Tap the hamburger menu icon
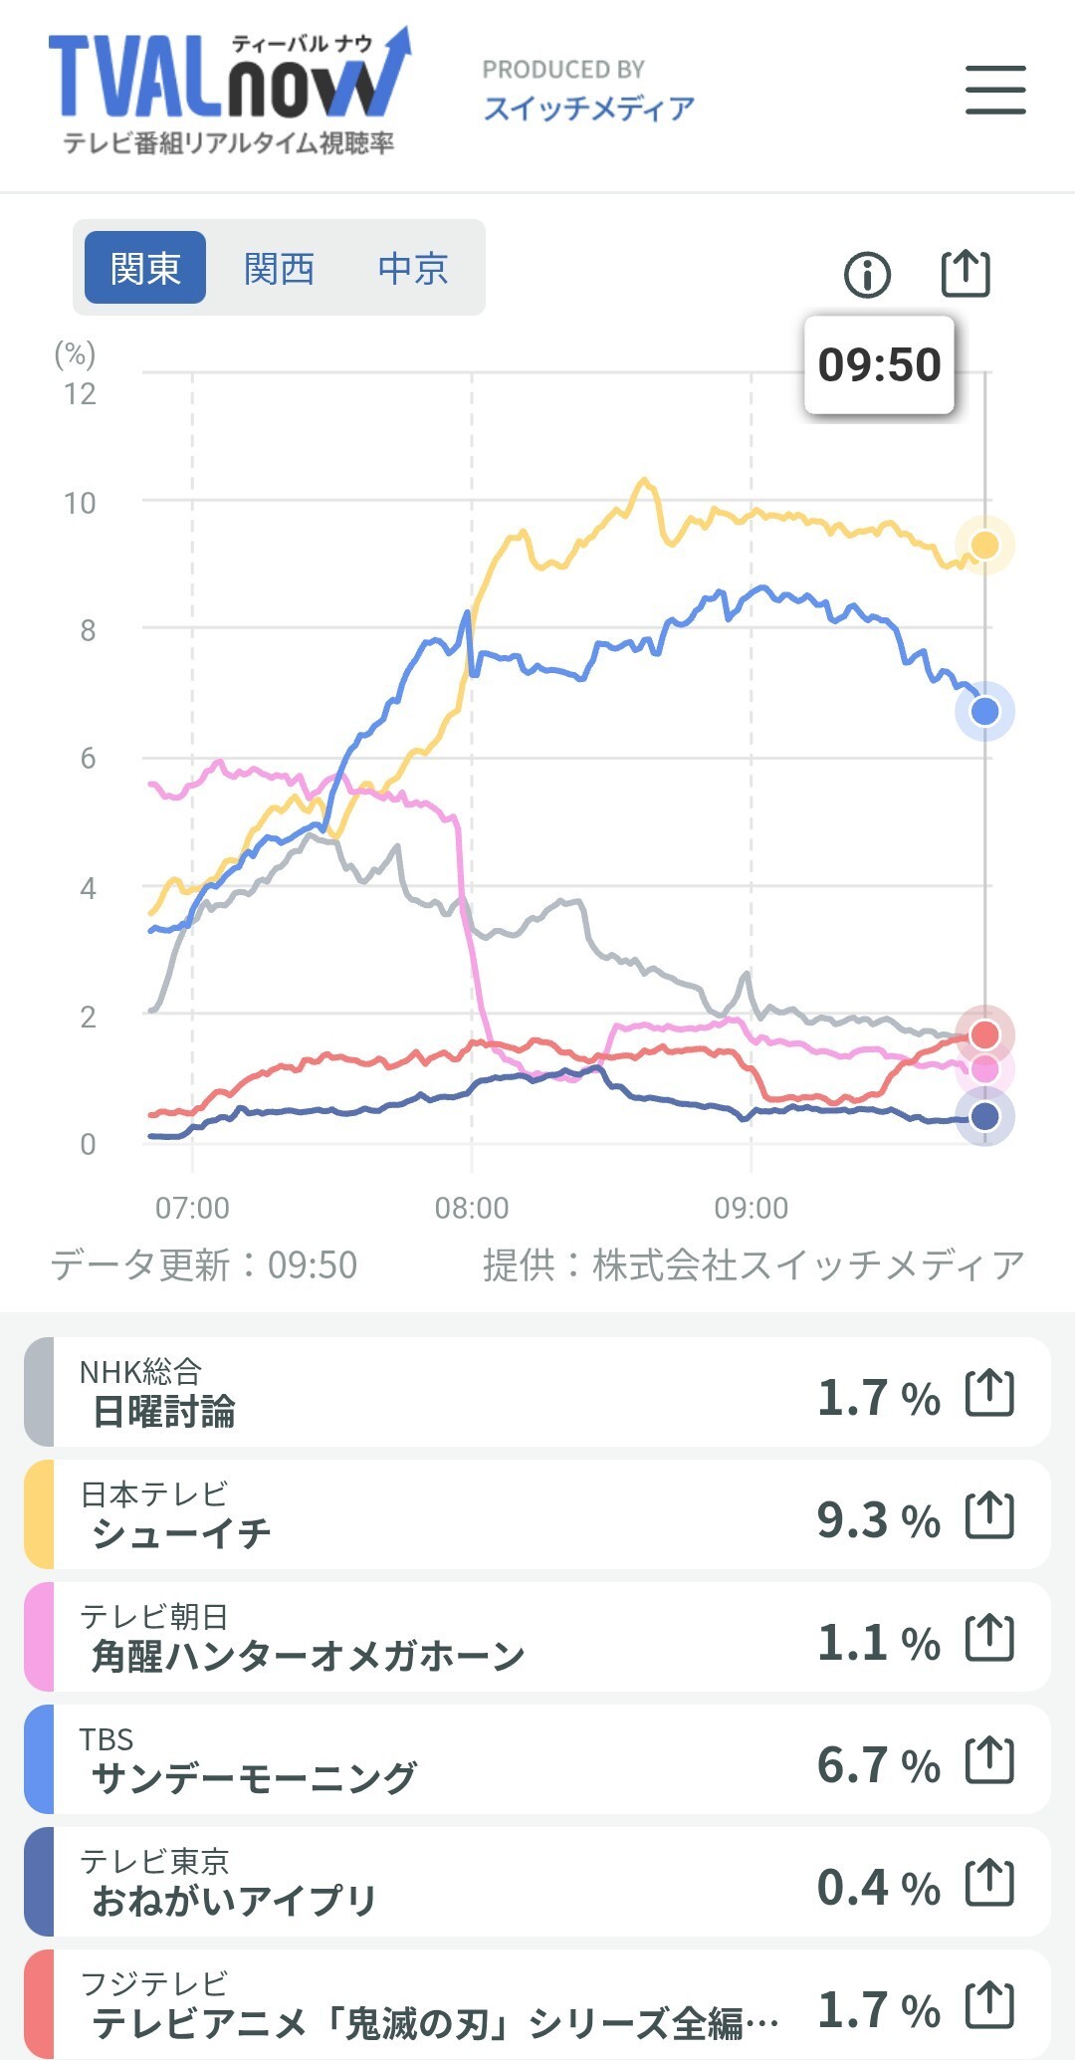(995, 90)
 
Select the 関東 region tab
(145, 268)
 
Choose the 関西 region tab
(280, 268)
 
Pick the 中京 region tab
(413, 268)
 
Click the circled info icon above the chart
(867, 274)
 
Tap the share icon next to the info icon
(966, 273)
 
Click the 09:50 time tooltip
(879, 365)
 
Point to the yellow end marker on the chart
(984, 545)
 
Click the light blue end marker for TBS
(984, 711)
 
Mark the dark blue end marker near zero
(984, 1116)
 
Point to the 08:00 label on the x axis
(472, 1208)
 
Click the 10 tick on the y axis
(80, 503)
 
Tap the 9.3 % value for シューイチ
(878, 1519)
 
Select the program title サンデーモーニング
(254, 1777)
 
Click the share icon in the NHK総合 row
(990, 1392)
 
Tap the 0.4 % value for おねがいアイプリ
(878, 1887)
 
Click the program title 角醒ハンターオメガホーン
(308, 1655)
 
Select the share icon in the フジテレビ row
(990, 2004)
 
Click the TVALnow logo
(230, 91)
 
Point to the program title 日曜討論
(163, 1411)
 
